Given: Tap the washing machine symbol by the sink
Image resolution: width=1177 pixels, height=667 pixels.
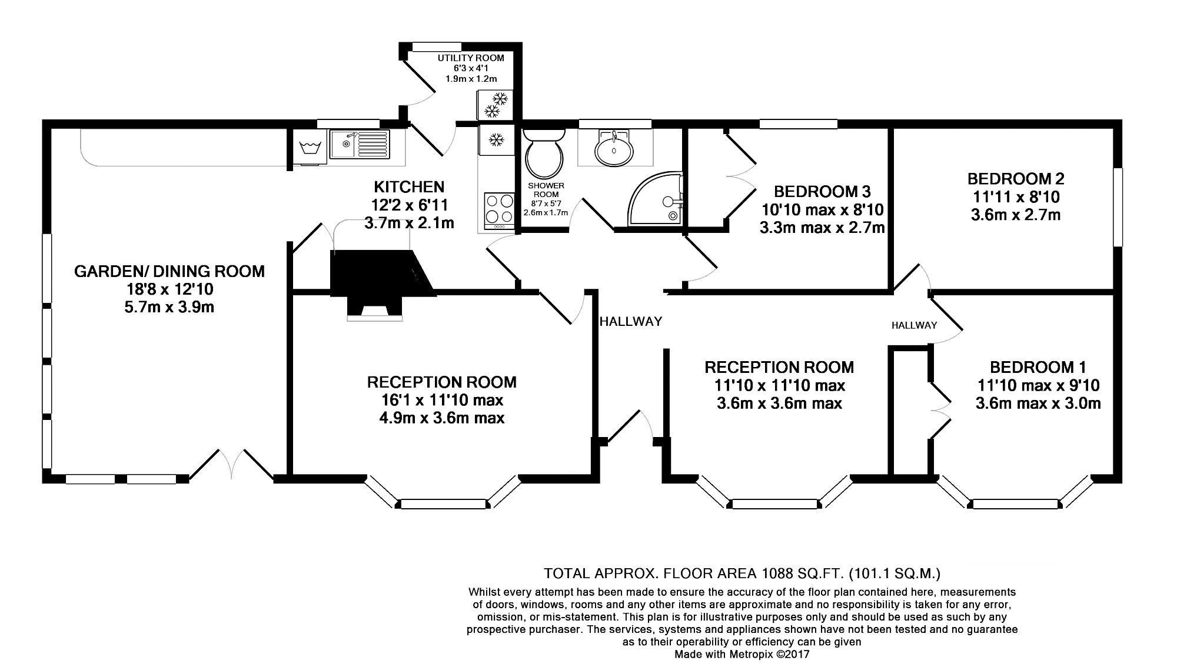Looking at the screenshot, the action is click(308, 147).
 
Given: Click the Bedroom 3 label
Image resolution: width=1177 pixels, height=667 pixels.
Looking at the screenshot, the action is click(822, 192).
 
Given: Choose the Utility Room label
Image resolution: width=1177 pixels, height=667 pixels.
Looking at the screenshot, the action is click(471, 58).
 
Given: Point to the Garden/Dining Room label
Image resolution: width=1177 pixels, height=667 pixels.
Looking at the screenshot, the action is click(169, 272).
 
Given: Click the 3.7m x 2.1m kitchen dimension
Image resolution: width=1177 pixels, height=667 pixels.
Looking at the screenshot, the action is click(409, 224).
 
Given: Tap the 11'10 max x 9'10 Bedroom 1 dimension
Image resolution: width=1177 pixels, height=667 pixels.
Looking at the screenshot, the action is click(1038, 386).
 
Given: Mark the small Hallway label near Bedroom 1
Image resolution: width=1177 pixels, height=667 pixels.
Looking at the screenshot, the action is click(914, 325).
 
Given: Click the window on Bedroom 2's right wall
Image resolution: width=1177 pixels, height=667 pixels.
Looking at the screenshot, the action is click(1118, 207).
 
